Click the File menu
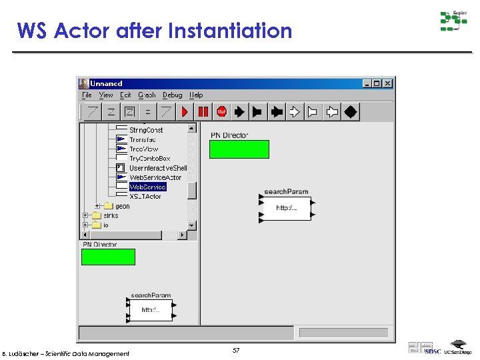[x=87, y=95]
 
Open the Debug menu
[x=172, y=95]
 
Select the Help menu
[x=196, y=95]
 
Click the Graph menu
[x=147, y=95]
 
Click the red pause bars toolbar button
[x=203, y=112]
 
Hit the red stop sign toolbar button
[x=221, y=112]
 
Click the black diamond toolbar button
[x=351, y=112]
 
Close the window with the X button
[x=388, y=83]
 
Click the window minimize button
[x=367, y=83]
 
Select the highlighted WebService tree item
[x=147, y=187]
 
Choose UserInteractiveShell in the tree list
[x=158, y=168]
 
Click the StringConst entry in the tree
[x=146, y=130]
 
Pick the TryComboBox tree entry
[x=149, y=159]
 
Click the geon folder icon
[x=109, y=207]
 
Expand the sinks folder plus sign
[x=85, y=215]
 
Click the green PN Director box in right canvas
[x=239, y=149]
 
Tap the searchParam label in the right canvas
[x=286, y=192]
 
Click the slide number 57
[x=236, y=350]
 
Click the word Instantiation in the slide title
[x=230, y=31]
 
